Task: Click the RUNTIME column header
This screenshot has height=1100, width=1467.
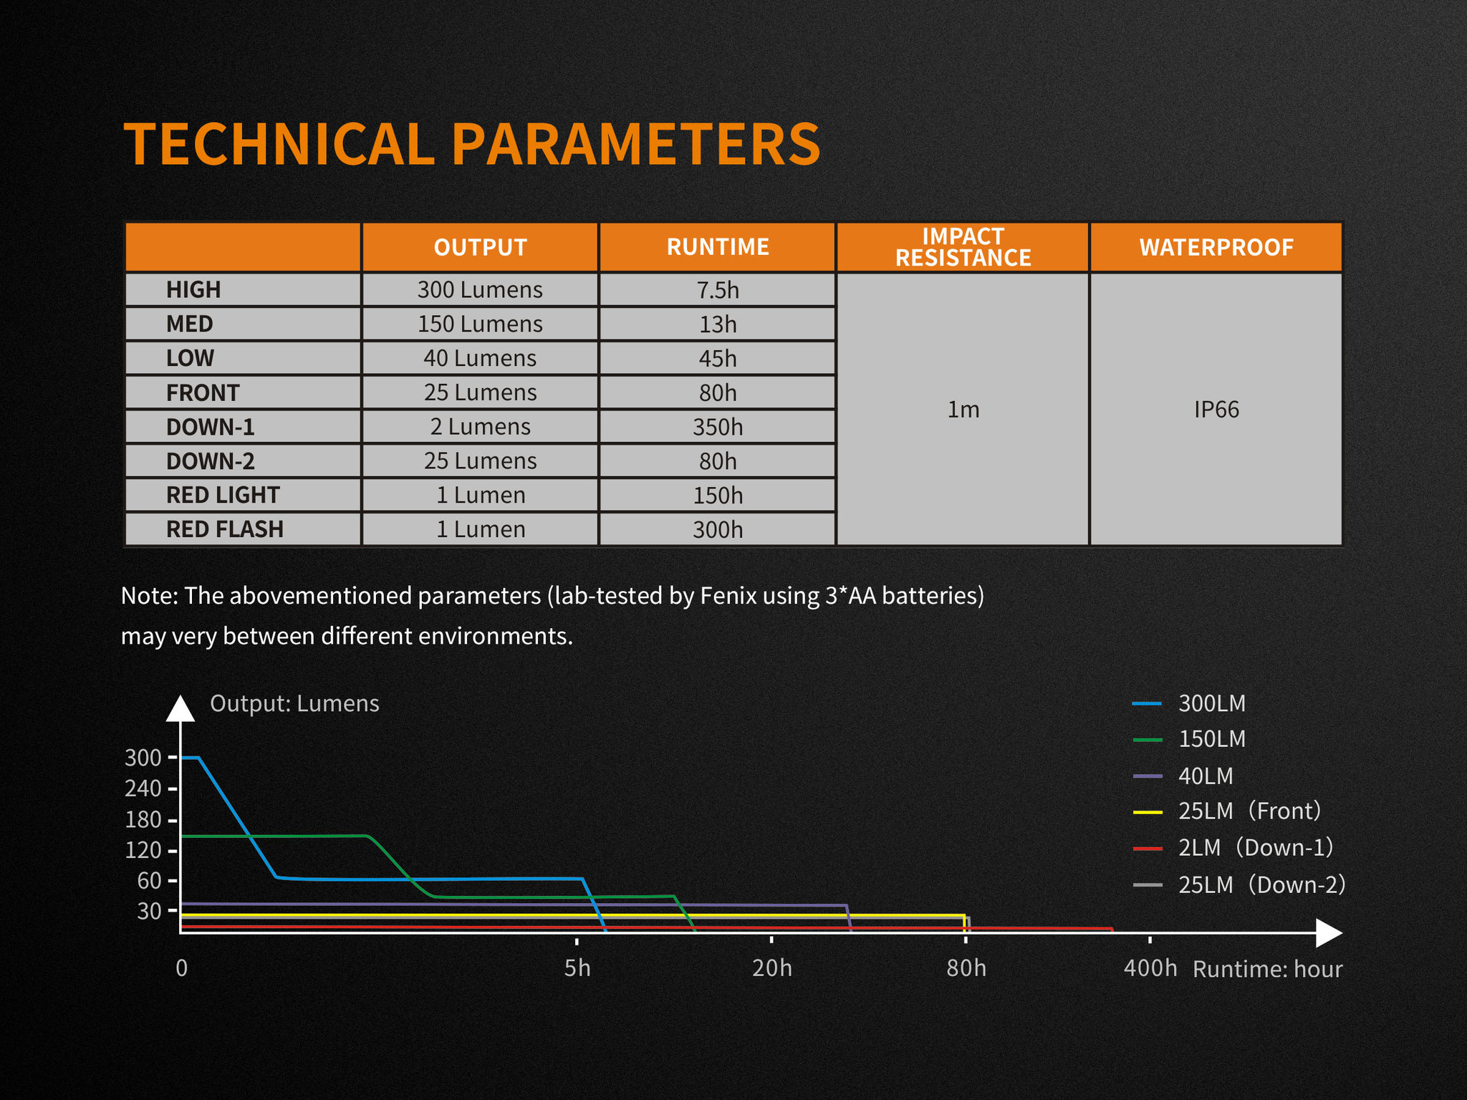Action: tap(718, 247)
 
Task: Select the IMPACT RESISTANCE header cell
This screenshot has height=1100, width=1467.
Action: tap(963, 247)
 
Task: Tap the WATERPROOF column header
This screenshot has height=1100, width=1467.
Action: tap(1216, 247)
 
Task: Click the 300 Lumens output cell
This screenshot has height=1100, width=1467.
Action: tap(480, 289)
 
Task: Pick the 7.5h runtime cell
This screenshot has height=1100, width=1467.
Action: tap(718, 289)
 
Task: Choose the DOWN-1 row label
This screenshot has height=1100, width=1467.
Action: tap(211, 427)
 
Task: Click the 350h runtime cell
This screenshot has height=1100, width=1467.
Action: tap(718, 427)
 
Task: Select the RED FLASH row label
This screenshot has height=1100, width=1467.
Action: tap(225, 529)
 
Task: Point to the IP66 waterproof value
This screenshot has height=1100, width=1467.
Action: tap(1216, 409)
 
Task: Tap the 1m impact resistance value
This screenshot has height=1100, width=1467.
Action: tap(963, 409)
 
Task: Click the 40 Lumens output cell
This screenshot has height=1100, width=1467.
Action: tap(480, 358)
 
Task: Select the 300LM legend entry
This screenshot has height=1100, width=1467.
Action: tap(1189, 703)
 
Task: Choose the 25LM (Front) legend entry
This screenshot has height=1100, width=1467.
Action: tap(1227, 811)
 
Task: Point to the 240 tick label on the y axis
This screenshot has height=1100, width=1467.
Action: tap(143, 788)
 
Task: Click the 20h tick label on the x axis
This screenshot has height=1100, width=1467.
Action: tap(772, 968)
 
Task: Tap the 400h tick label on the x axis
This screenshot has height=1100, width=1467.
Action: tap(1150, 968)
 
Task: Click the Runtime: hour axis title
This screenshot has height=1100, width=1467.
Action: tap(1267, 969)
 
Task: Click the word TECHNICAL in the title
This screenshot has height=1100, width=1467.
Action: tap(279, 144)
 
